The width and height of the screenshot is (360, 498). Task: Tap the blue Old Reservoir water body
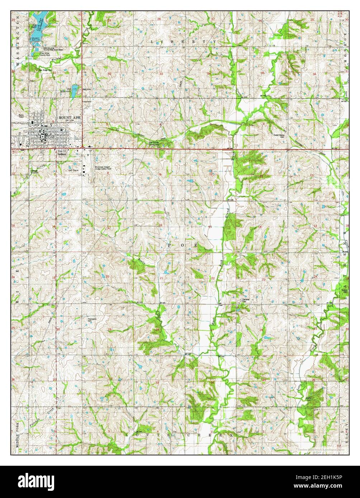73,92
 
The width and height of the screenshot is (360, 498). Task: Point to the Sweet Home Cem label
279,136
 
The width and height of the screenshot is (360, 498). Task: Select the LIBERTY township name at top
184,42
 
